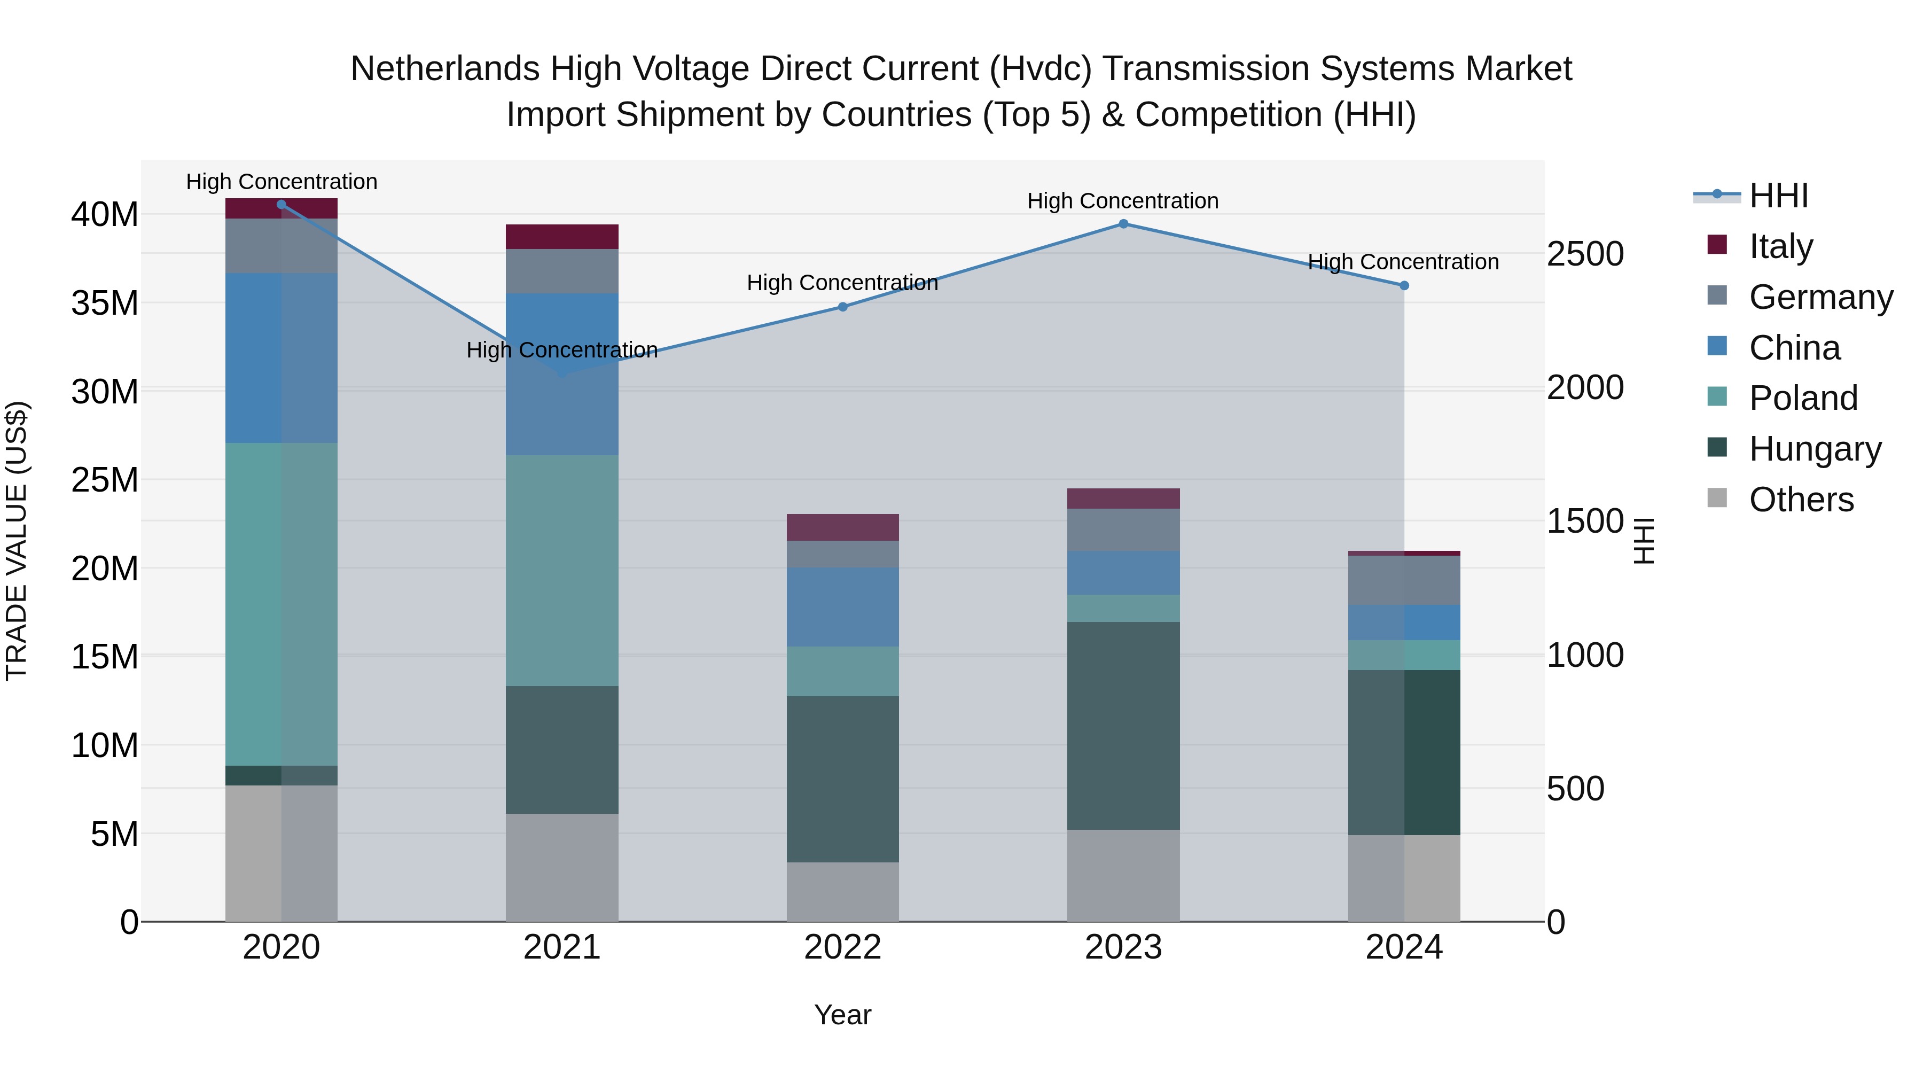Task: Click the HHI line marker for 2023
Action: click(1123, 224)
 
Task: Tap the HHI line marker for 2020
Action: click(282, 205)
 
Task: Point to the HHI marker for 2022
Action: click(843, 307)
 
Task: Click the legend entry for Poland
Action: click(1803, 398)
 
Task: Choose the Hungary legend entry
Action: click(1815, 449)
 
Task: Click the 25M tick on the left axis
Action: click(105, 479)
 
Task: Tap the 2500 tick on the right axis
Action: click(1585, 254)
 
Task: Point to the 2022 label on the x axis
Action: click(843, 947)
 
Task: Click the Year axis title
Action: click(843, 1015)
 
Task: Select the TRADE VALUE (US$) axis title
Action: click(17, 541)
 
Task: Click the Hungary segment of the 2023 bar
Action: click(1123, 726)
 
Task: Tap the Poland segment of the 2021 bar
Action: click(562, 571)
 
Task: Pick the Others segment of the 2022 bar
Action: click(843, 892)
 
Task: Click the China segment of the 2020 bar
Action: click(282, 359)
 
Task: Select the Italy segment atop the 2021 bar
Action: click(562, 237)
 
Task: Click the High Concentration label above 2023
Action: click(1123, 201)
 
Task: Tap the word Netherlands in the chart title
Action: click(445, 69)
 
